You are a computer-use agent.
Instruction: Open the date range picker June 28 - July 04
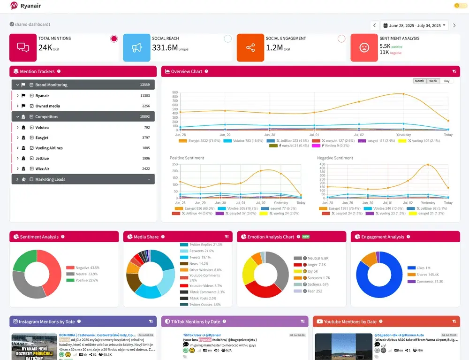tap(415, 25)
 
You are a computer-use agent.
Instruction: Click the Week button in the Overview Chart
tap(433, 81)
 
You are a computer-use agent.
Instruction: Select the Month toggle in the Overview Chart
tap(419, 81)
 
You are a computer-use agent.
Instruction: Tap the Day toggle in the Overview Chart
tap(446, 81)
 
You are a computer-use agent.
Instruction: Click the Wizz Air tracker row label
tap(42, 169)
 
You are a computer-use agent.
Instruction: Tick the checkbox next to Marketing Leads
tap(31, 179)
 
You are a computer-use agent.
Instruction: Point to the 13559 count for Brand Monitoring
tap(144, 85)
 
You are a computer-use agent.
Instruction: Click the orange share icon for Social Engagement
tap(250, 47)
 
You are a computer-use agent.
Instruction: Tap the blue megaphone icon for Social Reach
tap(136, 47)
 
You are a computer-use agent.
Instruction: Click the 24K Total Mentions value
tap(45, 47)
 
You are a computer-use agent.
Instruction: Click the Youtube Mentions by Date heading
tap(350, 322)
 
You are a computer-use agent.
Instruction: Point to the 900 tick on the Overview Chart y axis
tap(175, 92)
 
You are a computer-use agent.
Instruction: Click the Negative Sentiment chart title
tap(335, 158)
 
